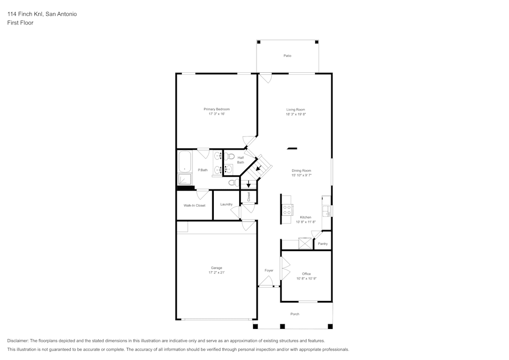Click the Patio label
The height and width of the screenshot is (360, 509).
(x=288, y=56)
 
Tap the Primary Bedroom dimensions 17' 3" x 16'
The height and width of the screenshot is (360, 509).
(x=216, y=114)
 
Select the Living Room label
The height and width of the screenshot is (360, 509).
(x=295, y=109)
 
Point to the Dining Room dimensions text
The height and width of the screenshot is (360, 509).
(x=301, y=175)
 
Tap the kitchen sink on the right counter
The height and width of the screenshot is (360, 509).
(x=326, y=210)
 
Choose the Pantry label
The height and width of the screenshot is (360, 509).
(x=323, y=244)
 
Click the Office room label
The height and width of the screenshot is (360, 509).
(x=306, y=274)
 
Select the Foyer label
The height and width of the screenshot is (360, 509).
(x=269, y=270)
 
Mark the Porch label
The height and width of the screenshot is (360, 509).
(x=295, y=314)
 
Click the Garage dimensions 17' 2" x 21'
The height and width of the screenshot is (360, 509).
(x=216, y=272)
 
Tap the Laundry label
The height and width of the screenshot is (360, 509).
(x=226, y=204)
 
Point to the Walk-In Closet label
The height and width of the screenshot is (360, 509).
(x=194, y=205)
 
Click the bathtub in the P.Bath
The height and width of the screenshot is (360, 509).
(x=184, y=162)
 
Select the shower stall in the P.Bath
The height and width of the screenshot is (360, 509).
(x=184, y=179)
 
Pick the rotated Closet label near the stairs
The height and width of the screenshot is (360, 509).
(x=248, y=196)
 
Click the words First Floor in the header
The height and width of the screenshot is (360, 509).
(x=20, y=23)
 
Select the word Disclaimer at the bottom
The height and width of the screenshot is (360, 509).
(x=18, y=341)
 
